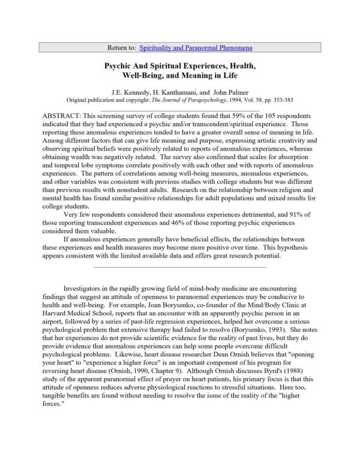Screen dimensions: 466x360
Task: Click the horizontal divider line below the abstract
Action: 180,265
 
